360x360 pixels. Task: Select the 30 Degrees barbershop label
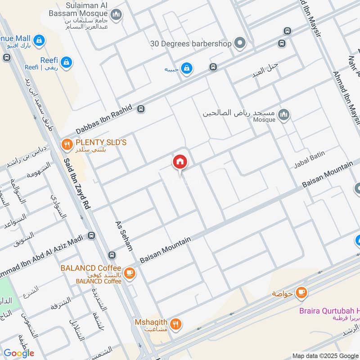191,44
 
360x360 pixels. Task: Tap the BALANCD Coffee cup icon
129,273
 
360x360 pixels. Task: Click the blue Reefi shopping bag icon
67,63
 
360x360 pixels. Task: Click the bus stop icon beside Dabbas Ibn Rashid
141,108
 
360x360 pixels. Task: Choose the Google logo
18,353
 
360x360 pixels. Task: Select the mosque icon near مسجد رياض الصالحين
283,116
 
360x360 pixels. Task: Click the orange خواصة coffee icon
301,293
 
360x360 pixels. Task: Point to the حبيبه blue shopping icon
187,68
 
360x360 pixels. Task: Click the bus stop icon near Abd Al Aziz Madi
92,235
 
